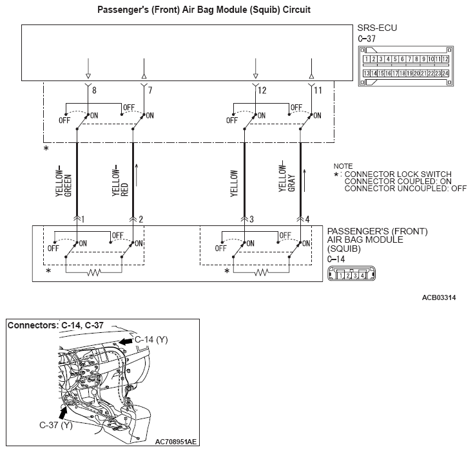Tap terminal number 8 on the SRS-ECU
pyautogui.click(x=94, y=90)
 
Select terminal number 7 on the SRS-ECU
pyautogui.click(x=150, y=90)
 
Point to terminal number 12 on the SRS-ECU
pyautogui.click(x=262, y=90)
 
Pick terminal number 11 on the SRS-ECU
pyautogui.click(x=318, y=90)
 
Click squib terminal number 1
pyautogui.click(x=84, y=220)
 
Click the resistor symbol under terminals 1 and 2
pyautogui.click(x=94, y=272)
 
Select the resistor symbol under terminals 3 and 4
pyautogui.click(x=261, y=272)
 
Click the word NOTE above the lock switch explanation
pyautogui.click(x=343, y=166)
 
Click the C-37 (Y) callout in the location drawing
pyautogui.click(x=56, y=425)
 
